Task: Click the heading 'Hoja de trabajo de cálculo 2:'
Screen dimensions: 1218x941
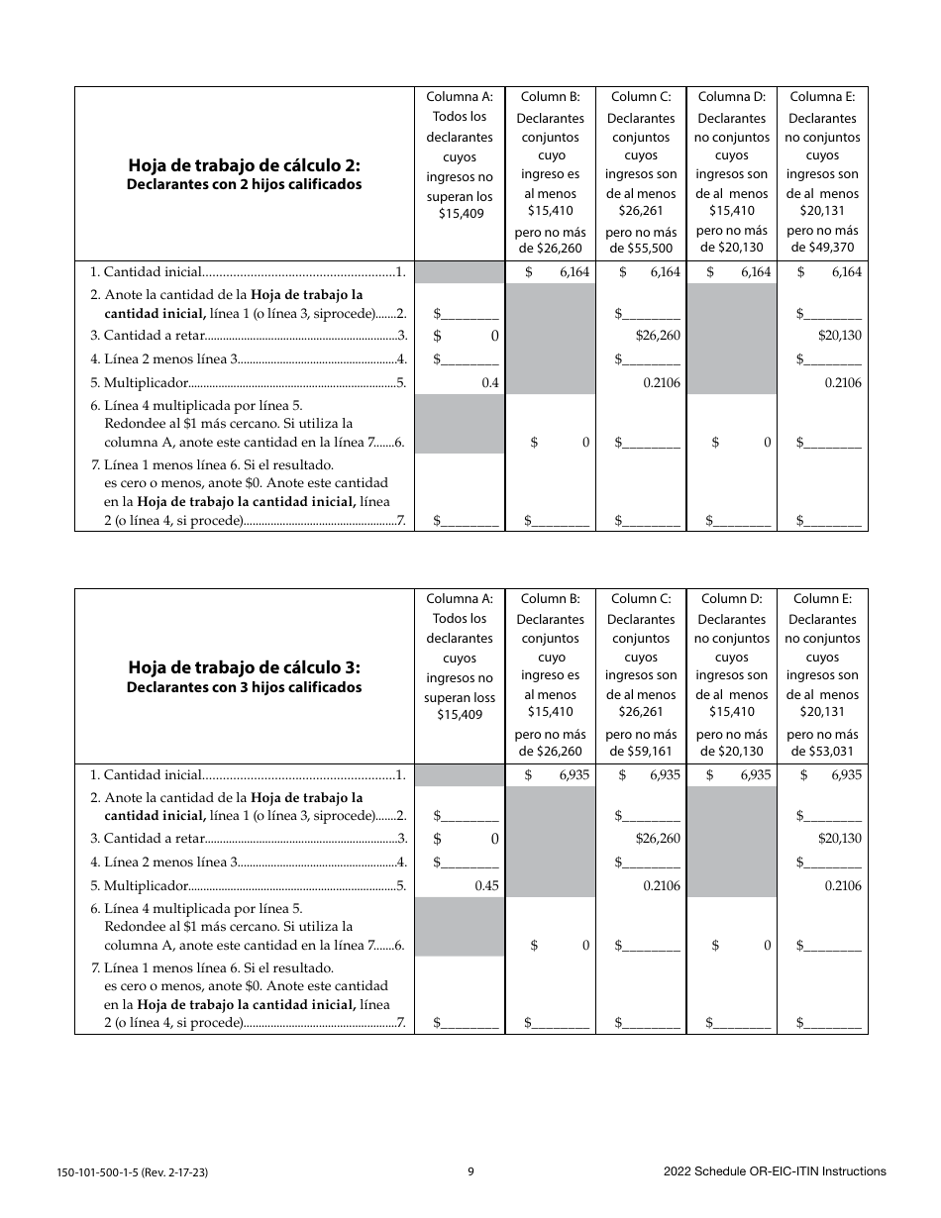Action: tap(244, 165)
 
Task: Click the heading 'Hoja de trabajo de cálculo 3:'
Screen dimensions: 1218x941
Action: tap(244, 667)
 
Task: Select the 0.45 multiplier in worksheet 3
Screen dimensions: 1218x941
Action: tap(486, 886)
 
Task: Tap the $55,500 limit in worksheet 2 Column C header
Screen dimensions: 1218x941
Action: tap(641, 249)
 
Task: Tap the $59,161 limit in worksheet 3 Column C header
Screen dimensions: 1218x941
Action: tap(641, 752)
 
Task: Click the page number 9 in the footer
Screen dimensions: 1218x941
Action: tap(471, 1171)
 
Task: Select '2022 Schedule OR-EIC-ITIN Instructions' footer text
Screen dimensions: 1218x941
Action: tap(775, 1171)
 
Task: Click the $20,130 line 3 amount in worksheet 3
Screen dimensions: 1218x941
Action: tap(839, 839)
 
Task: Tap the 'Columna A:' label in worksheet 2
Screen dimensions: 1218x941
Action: tap(460, 97)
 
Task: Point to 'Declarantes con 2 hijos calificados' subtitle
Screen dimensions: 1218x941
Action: tap(244, 184)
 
